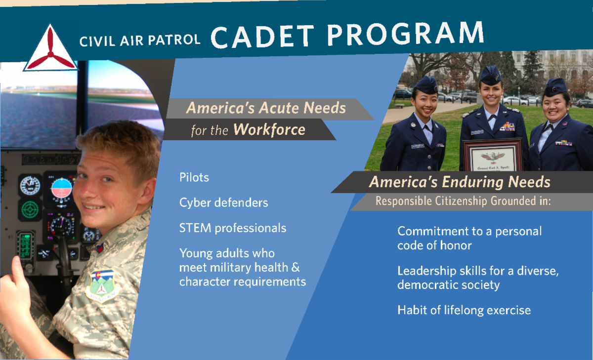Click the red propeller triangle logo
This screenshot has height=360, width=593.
(x=50, y=50)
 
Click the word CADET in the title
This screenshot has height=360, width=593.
(x=262, y=37)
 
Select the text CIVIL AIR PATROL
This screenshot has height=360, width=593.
(x=140, y=40)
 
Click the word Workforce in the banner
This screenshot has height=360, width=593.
(x=269, y=129)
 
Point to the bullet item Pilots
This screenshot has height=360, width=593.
(x=194, y=177)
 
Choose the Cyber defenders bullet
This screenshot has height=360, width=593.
(x=224, y=202)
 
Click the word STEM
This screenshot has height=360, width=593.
(x=195, y=228)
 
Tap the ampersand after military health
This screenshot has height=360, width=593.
(x=296, y=267)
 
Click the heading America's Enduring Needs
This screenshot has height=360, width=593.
(x=460, y=182)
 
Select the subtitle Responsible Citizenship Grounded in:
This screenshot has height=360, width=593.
(x=463, y=201)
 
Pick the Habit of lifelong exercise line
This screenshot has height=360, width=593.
(x=464, y=310)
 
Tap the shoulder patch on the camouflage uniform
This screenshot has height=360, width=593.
(x=102, y=286)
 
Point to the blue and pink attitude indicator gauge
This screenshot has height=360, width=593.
(x=61, y=188)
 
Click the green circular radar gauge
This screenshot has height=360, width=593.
(x=30, y=210)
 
